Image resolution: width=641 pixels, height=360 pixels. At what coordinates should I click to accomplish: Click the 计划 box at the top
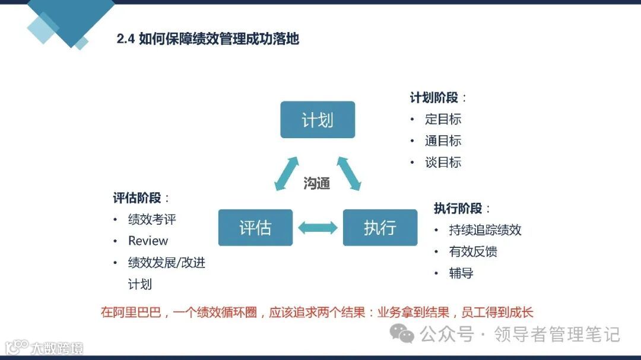click(318, 120)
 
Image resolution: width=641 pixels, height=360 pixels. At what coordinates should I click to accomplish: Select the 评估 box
click(255, 228)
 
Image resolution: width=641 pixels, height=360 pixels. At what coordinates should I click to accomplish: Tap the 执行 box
click(380, 228)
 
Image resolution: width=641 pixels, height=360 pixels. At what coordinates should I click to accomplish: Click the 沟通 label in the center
click(316, 183)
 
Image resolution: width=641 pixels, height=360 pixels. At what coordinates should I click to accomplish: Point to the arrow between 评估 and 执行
click(318, 228)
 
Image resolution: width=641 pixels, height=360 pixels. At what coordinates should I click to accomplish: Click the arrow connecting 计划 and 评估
click(286, 174)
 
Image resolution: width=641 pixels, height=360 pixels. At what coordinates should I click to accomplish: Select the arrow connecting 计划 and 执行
click(349, 174)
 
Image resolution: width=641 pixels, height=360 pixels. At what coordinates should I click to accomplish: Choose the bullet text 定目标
click(443, 119)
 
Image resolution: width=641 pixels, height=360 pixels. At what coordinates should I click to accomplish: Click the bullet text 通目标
click(443, 141)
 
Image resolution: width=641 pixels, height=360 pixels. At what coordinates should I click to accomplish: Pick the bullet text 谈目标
click(443, 163)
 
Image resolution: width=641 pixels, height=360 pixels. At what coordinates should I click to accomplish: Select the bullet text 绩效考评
click(152, 219)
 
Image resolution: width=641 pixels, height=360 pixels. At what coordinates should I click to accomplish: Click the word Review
click(148, 241)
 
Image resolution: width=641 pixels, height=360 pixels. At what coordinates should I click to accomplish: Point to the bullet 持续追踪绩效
click(485, 230)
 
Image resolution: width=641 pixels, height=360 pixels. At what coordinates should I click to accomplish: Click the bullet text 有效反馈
click(472, 252)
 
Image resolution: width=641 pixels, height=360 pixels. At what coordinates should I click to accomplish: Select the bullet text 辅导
click(461, 273)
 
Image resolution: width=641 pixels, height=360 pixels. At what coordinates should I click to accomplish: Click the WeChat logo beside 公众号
click(402, 334)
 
